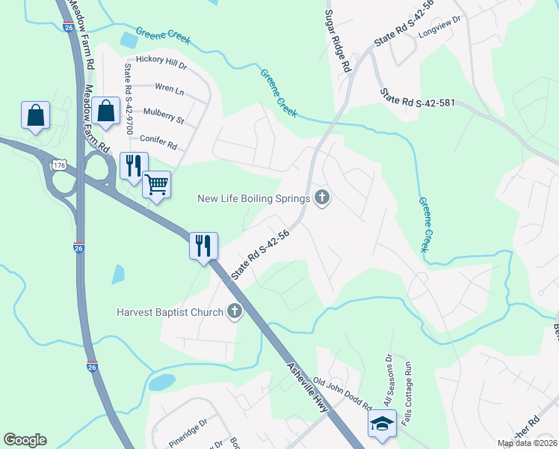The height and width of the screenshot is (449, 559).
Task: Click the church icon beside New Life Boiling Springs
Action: pyautogui.click(x=322, y=198)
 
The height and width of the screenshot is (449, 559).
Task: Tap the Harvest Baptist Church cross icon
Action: pyautogui.click(x=235, y=312)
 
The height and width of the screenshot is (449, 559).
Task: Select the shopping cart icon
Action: pyautogui.click(x=156, y=183)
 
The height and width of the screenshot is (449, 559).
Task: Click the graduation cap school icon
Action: pyautogui.click(x=382, y=424)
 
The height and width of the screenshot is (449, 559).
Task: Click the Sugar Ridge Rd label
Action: pyautogui.click(x=338, y=41)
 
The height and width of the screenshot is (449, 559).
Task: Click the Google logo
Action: pyautogui.click(x=25, y=440)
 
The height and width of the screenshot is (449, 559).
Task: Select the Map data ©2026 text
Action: pyautogui.click(x=527, y=443)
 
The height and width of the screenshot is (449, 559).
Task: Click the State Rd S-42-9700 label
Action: pyautogui.click(x=129, y=98)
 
